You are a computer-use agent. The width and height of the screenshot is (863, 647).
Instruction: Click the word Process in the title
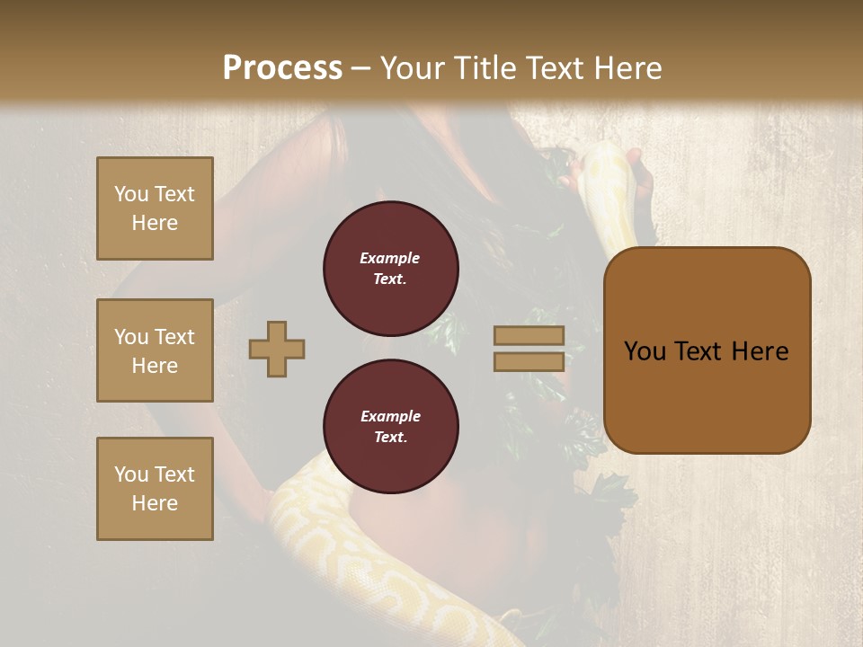pos(282,68)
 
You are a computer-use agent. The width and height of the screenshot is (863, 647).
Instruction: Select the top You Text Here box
pos(155,208)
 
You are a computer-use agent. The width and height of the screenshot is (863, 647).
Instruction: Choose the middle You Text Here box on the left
pos(155,350)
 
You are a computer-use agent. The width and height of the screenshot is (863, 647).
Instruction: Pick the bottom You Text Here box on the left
pos(155,489)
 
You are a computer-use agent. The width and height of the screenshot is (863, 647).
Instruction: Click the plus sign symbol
pos(277,350)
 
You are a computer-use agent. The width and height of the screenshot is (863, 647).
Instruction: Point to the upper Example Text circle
pos(390,269)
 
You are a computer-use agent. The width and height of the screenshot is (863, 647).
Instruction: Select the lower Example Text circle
pos(390,427)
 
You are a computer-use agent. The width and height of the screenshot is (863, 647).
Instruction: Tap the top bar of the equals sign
pos(529,336)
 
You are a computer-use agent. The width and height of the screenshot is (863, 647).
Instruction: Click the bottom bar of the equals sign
pos(529,362)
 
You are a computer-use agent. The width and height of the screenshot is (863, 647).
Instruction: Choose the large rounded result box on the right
pos(707,350)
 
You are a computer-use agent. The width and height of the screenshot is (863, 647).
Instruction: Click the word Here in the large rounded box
pos(760,351)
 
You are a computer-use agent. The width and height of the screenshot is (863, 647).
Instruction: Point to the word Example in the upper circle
pos(390,258)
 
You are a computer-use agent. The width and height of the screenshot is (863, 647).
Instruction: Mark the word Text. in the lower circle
pos(390,438)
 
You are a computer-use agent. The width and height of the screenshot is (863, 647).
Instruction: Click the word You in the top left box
pos(131,194)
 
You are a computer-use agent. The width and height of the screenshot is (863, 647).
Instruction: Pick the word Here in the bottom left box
pos(155,503)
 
